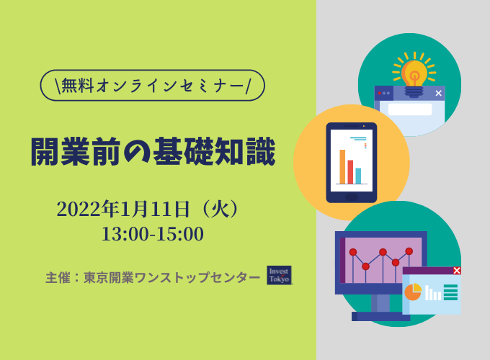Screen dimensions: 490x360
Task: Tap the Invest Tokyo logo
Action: click(x=279, y=275)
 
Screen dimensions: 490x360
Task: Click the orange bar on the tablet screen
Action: click(x=342, y=167)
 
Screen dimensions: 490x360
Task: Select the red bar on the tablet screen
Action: click(x=350, y=172)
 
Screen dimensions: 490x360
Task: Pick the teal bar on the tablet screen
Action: click(x=358, y=176)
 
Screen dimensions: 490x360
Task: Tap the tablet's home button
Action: click(x=352, y=197)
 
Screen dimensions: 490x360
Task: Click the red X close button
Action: click(x=457, y=271)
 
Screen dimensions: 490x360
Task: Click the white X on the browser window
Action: click(x=438, y=93)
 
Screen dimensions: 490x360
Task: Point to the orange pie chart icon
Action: click(x=413, y=292)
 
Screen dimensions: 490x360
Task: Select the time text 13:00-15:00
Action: click(x=153, y=234)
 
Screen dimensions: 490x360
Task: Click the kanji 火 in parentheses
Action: click(x=220, y=209)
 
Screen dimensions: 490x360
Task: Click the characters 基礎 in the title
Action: click(x=183, y=151)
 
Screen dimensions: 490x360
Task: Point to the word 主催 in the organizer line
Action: click(x=58, y=278)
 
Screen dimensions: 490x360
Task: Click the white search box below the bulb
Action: click(x=410, y=109)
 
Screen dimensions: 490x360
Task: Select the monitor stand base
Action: click(x=380, y=316)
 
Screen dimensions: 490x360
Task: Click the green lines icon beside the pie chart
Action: click(x=450, y=292)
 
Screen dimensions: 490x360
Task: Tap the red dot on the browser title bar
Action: click(x=379, y=93)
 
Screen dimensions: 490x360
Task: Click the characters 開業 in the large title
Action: click(x=61, y=151)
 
